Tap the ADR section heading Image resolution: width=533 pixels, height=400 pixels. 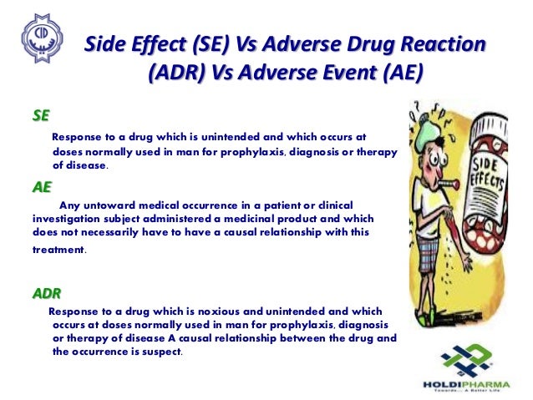click(46, 293)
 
